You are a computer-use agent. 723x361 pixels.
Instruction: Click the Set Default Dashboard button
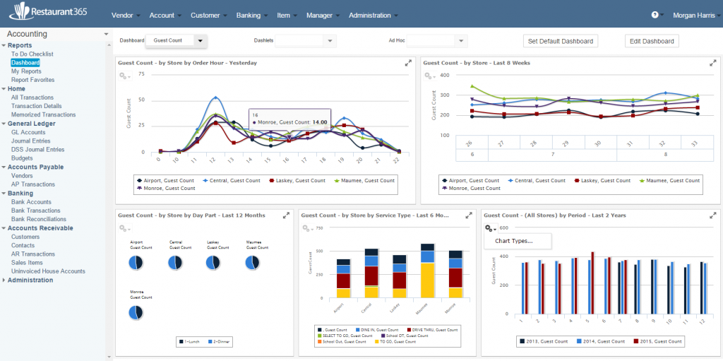tap(561, 41)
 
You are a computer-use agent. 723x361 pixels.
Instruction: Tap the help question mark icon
tap(655, 15)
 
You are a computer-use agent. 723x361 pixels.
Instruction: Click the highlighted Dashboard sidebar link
tap(25, 63)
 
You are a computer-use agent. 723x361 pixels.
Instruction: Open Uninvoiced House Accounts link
tap(48, 271)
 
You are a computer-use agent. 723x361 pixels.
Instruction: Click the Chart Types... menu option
tap(514, 241)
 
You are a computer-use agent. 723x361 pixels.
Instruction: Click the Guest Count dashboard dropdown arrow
tap(201, 41)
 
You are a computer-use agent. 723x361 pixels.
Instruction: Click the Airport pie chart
tap(136, 262)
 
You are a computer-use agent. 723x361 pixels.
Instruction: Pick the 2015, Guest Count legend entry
tap(659, 341)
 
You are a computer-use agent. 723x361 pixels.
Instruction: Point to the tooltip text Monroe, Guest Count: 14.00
tap(282, 122)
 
